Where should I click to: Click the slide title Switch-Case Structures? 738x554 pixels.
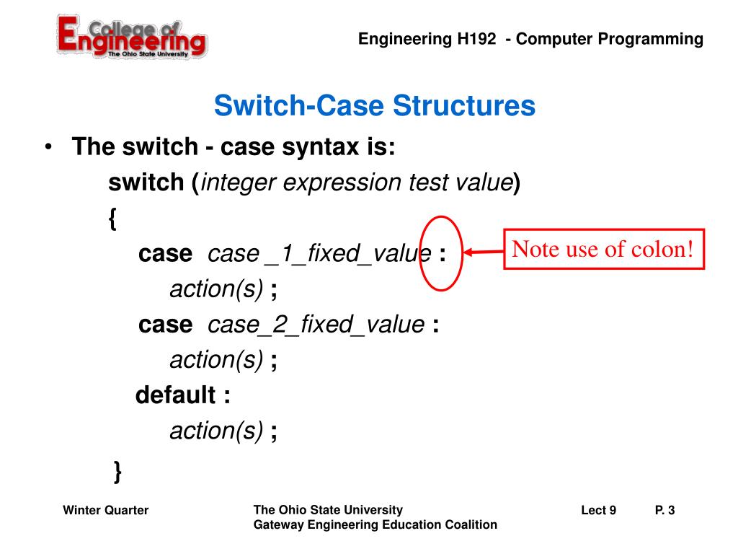pos(374,107)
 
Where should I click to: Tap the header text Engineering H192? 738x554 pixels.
pos(429,40)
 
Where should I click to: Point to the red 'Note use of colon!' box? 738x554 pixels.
pos(603,250)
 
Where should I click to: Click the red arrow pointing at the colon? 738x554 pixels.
pos(483,252)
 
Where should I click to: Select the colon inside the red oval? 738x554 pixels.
pos(442,254)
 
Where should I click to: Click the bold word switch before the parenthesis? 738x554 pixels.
pos(146,183)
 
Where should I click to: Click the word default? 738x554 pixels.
pos(175,395)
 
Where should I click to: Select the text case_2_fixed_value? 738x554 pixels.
pos(316,325)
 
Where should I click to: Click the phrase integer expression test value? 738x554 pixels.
pos(357,183)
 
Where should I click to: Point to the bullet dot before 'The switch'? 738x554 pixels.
pos(48,149)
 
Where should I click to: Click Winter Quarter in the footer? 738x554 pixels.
pos(106,511)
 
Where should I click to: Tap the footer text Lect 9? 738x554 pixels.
pos(598,511)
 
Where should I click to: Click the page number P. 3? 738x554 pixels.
pos(664,511)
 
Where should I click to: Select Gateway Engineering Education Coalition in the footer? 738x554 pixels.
pos(375,525)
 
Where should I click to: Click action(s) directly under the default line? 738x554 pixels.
pos(216,431)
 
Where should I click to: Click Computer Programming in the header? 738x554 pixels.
pos(610,40)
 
